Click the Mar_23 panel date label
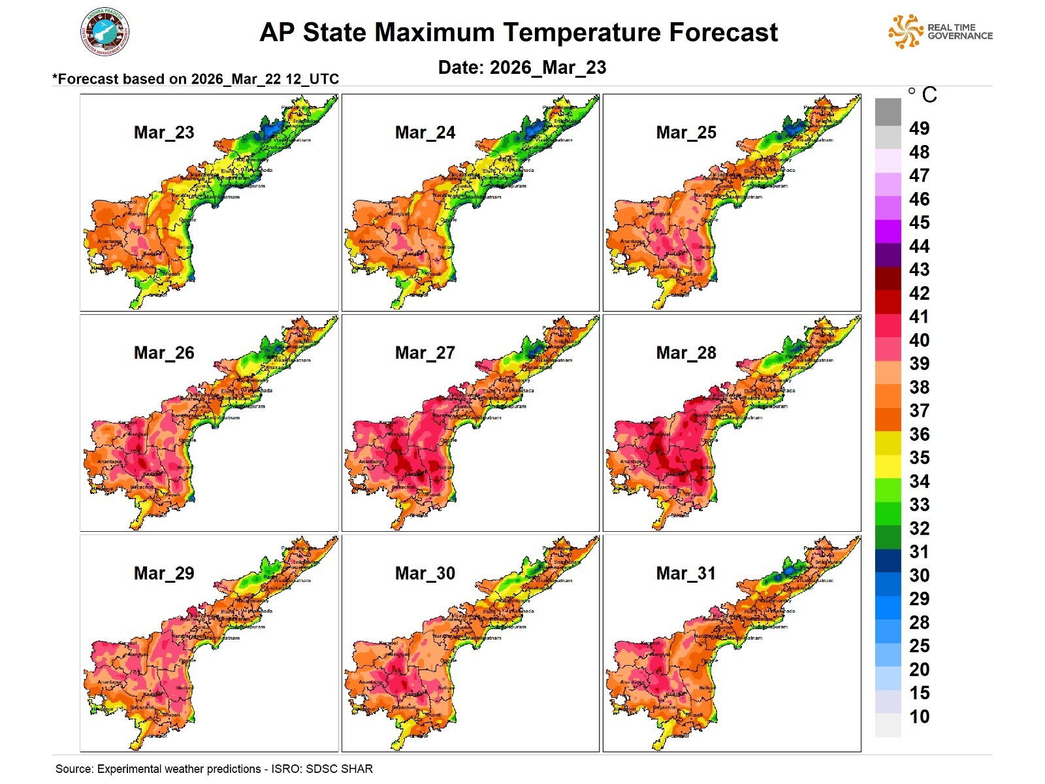(164, 133)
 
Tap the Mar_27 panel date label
(425, 353)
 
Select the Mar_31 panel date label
(686, 574)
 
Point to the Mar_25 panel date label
(686, 133)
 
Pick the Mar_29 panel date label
(164, 574)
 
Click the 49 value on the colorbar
(919, 129)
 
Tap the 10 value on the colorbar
(919, 717)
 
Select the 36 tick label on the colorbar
(919, 434)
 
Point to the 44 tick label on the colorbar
(919, 246)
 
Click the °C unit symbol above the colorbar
(922, 95)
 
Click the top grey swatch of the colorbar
(888, 111)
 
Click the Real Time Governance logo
(940, 31)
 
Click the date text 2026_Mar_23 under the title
(548, 68)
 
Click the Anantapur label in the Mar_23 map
(109, 242)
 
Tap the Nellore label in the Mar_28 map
(707, 468)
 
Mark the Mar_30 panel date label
(425, 574)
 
